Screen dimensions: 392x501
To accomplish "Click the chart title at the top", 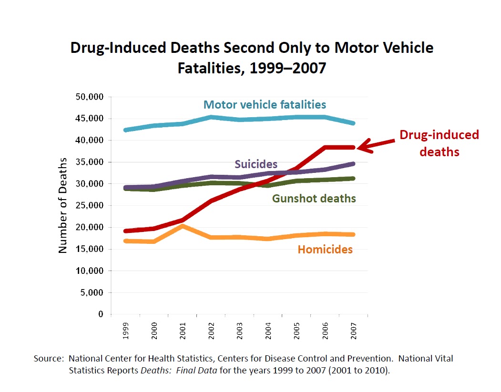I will point(252,58).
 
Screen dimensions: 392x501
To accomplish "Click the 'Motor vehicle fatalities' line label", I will point(265,105).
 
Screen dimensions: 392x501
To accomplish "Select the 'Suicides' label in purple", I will point(256,164).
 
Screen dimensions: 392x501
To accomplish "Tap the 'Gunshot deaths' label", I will point(314,198).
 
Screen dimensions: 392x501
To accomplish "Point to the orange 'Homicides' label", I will point(325,249).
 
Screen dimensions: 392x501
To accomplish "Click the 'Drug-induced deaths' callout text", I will point(439,143).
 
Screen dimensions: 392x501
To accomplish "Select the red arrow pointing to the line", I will point(377,144).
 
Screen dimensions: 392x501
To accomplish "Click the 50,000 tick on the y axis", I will point(90,97).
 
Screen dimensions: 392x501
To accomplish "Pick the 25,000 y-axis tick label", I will point(90,205).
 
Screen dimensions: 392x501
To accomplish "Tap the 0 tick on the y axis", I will point(100,314).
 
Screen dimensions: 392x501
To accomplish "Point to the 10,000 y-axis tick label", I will point(90,271).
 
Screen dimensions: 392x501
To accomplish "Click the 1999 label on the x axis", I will point(125,329).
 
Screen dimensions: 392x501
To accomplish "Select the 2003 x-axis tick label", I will point(239,329).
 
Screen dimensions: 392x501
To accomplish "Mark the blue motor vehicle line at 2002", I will point(211,117).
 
